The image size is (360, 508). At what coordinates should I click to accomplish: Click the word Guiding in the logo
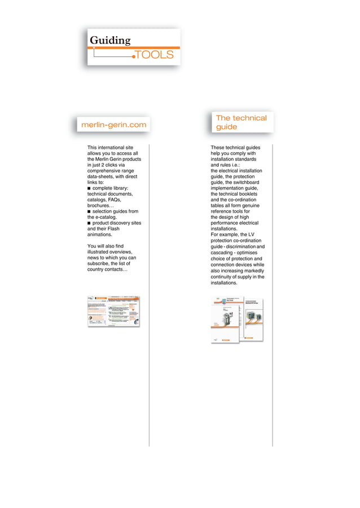pyautogui.click(x=110, y=41)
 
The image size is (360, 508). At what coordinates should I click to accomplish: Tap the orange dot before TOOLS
pyautogui.click(x=134, y=56)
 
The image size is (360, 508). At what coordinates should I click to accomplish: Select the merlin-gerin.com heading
pyautogui.click(x=113, y=125)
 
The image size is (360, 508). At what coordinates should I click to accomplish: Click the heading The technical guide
pyautogui.click(x=241, y=122)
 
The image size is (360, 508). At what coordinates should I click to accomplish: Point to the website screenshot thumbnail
pyautogui.click(x=113, y=311)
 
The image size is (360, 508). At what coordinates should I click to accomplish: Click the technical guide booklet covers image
pyautogui.click(x=237, y=319)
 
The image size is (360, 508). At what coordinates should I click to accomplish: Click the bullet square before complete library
pyautogui.click(x=89, y=188)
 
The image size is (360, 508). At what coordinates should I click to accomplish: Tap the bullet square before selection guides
pyautogui.click(x=89, y=211)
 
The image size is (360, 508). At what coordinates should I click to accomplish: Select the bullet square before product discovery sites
pyautogui.click(x=89, y=223)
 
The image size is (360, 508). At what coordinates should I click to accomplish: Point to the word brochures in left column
pyautogui.click(x=99, y=206)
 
